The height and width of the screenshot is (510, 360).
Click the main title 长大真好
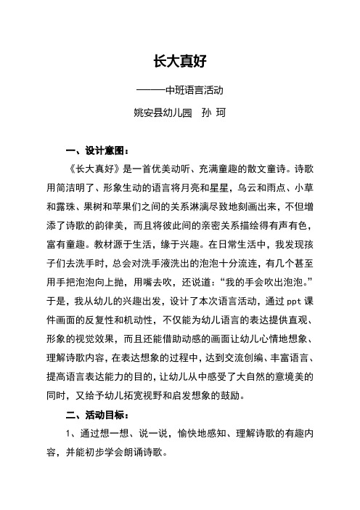[180, 62]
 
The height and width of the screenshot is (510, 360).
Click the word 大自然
[265, 378]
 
